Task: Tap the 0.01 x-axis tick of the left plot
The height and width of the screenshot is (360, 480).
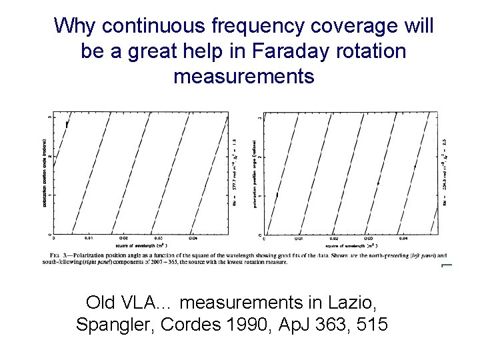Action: (88, 238)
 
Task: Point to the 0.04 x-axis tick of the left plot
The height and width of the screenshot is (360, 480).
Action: (193, 238)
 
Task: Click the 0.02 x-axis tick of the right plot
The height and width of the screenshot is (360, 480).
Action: (334, 238)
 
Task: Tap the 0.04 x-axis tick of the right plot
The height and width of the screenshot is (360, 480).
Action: (403, 238)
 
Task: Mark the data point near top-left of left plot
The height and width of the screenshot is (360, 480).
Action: (67, 124)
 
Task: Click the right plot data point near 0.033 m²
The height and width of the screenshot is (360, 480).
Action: (378, 182)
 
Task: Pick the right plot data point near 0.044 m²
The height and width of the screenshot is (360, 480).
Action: (415, 166)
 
